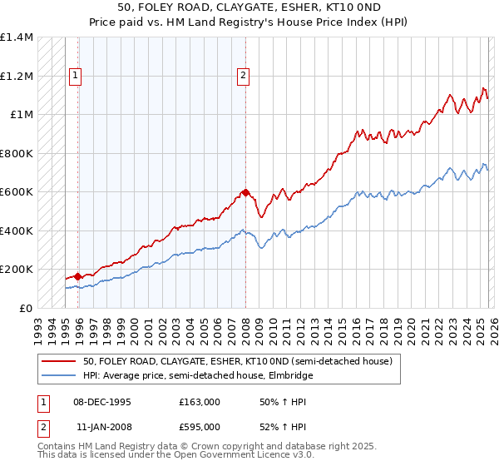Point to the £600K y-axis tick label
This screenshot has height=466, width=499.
click(x=17, y=192)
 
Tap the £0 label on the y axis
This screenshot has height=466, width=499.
click(x=26, y=308)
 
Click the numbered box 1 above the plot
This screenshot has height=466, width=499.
click(x=75, y=76)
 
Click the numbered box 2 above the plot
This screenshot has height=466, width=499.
click(x=243, y=76)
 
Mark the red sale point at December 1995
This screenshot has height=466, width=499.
click(x=78, y=276)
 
